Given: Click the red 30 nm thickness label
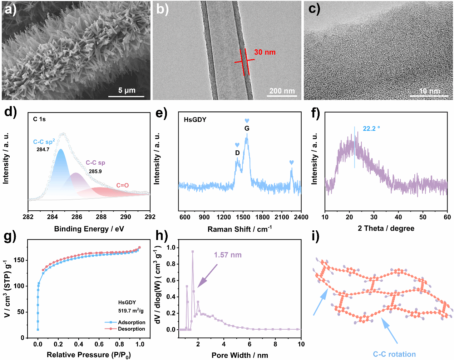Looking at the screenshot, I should [265, 52].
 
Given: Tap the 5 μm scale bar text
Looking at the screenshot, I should [127, 90].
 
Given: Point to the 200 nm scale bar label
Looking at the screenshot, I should [282, 91].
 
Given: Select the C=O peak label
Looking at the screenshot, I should [122, 185].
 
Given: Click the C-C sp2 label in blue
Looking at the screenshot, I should [44, 142].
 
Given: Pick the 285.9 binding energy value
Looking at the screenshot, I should [95, 171].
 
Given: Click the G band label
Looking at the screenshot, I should [247, 128].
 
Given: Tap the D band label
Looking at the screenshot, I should [237, 153].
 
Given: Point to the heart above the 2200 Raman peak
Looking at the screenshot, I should [291, 162].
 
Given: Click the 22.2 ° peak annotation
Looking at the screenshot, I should [371, 129].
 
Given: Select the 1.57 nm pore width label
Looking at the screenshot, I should [228, 255].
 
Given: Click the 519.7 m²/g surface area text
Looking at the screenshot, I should [131, 311].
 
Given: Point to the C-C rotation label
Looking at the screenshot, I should [394, 354].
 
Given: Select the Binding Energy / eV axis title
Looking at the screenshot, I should [89, 229].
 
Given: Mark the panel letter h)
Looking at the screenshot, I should [162, 236].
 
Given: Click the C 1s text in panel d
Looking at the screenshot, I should [39, 119].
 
